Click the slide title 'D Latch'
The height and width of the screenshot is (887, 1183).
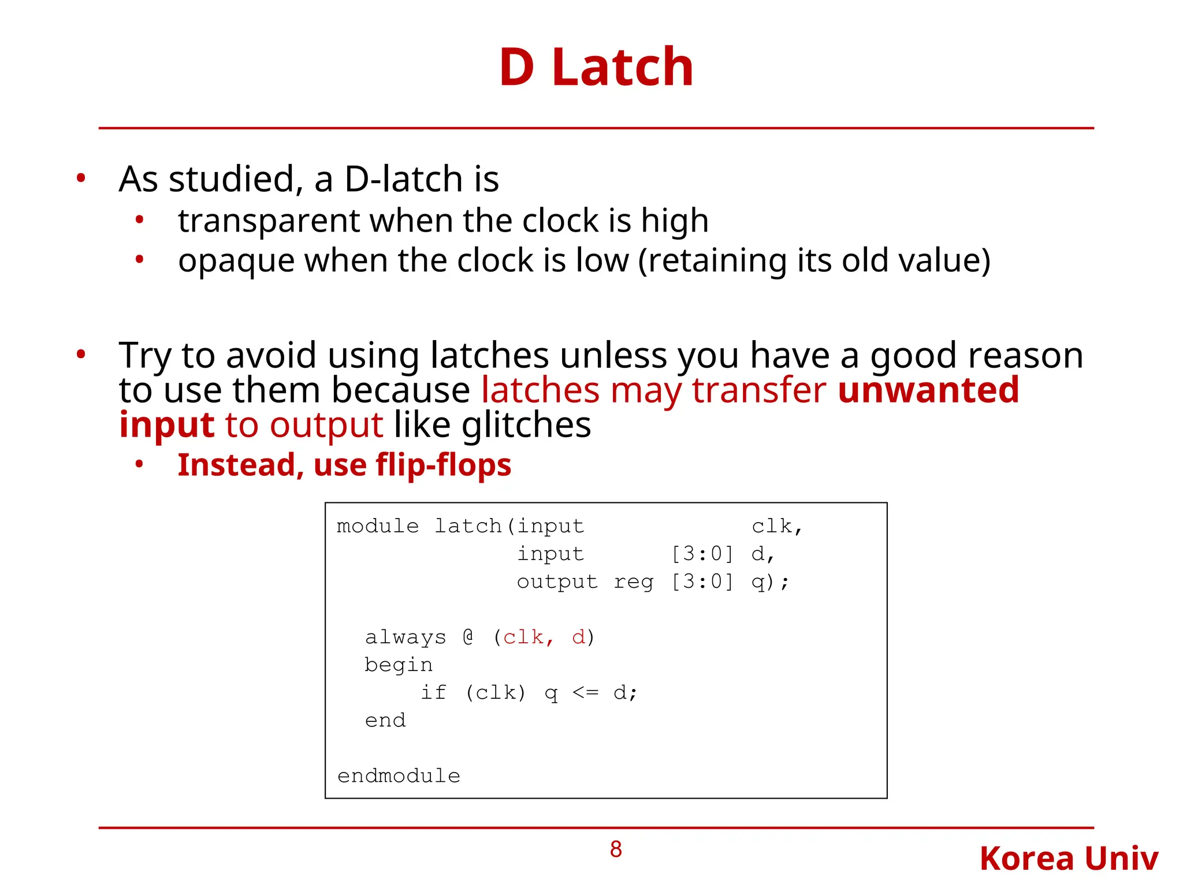pyautogui.click(x=596, y=68)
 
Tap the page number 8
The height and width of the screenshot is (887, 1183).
pyautogui.click(x=616, y=849)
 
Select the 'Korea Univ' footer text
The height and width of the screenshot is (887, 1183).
pyautogui.click(x=1069, y=859)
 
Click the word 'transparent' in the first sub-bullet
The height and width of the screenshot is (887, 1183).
pyautogui.click(x=268, y=221)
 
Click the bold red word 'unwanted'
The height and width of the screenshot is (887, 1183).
pyautogui.click(x=928, y=390)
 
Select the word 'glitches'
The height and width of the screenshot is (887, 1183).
pyautogui.click(x=526, y=426)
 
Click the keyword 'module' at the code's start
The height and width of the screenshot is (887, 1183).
pyautogui.click(x=377, y=526)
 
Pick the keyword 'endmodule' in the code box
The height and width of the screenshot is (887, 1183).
pyautogui.click(x=399, y=776)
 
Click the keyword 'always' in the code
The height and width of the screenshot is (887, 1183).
pyautogui.click(x=406, y=637)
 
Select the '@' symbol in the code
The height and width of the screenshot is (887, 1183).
pyautogui.click(x=468, y=637)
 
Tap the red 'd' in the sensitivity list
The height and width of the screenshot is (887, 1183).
pyautogui.click(x=578, y=638)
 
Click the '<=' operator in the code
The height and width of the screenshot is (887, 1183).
pyautogui.click(x=585, y=692)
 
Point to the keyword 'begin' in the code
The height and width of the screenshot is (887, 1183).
pyautogui.click(x=399, y=665)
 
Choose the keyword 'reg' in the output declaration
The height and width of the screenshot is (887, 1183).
pyautogui.click(x=634, y=582)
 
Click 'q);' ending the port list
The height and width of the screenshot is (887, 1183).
pyautogui.click(x=770, y=582)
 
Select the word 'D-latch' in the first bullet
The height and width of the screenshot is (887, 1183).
pyautogui.click(x=404, y=179)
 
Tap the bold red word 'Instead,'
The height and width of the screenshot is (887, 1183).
pyautogui.click(x=241, y=465)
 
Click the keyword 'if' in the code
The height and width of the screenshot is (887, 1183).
pyautogui.click(x=433, y=692)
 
